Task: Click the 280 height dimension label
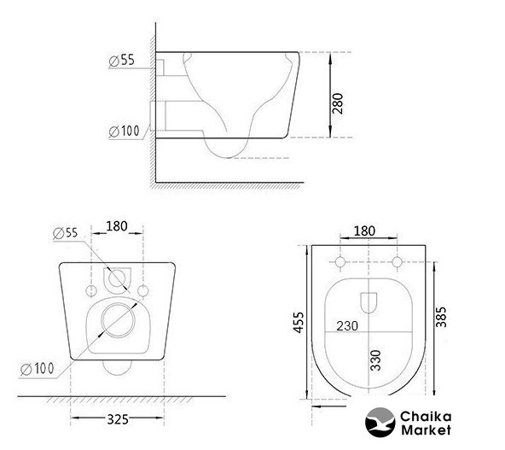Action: tap(338, 103)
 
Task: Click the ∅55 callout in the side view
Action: tap(121, 61)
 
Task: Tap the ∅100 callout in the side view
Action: tap(124, 131)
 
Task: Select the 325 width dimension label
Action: tap(118, 419)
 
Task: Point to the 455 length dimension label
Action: tap(299, 323)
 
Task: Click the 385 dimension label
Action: tap(441, 317)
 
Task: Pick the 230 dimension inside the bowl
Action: tap(347, 326)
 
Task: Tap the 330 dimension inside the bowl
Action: tap(375, 360)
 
